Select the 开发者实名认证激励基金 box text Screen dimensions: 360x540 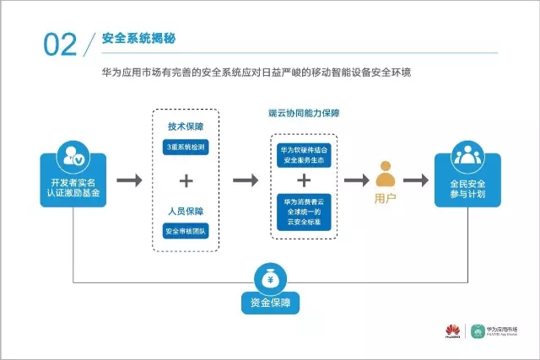pos(73,187)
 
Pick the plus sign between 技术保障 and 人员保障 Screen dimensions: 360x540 pos(186,180)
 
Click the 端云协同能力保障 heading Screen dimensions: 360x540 pos(304,112)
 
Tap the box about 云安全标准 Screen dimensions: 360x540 pos(304,208)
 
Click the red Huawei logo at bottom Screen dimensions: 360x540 pos(451,330)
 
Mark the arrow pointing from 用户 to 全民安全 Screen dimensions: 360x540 pos(416,180)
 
